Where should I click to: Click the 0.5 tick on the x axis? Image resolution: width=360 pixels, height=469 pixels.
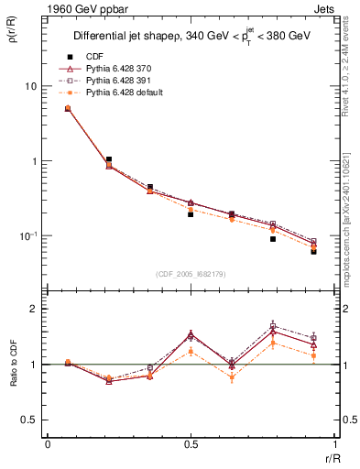click(x=191, y=444)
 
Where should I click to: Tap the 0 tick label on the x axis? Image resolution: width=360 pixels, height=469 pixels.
click(x=48, y=444)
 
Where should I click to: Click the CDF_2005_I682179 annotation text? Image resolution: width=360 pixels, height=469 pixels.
click(x=191, y=273)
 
